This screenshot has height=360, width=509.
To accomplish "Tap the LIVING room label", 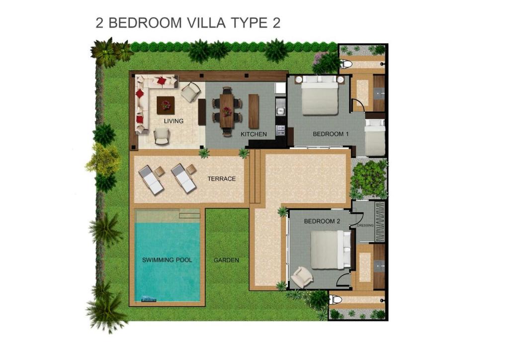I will pyautogui.click(x=174, y=121).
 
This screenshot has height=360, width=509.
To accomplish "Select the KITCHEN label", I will pyautogui.click(x=254, y=134).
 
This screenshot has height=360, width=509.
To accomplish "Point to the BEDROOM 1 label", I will pyautogui.click(x=331, y=134).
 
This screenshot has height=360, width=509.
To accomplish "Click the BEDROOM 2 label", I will pyautogui.click(x=322, y=221).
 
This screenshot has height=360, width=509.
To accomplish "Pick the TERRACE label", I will pyautogui.click(x=222, y=179).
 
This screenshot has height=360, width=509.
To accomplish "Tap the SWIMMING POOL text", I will pyautogui.click(x=167, y=260).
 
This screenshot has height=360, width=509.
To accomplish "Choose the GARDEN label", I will pyautogui.click(x=226, y=260).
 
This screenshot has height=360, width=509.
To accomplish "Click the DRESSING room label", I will pyautogui.click(x=365, y=225).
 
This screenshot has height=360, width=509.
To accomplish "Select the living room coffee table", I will pyautogui.click(x=166, y=105).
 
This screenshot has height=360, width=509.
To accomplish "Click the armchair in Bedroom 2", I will pyautogui.click(x=301, y=277).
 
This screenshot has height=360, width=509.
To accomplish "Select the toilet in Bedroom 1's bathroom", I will pyautogui.click(x=346, y=64).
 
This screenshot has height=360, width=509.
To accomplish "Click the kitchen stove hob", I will pyautogui.click(x=280, y=130).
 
